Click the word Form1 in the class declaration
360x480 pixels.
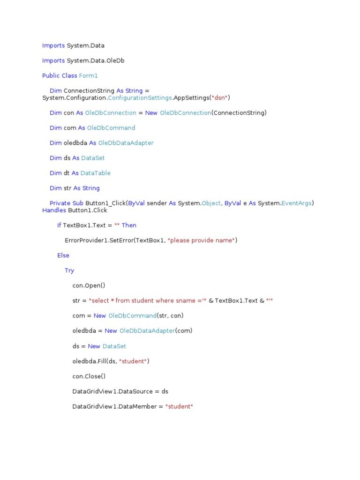(x=89, y=75)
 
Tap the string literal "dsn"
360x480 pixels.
(x=220, y=97)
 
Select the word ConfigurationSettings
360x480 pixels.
(x=140, y=97)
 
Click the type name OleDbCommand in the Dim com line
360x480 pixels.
(x=111, y=128)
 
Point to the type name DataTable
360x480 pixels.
(x=96, y=173)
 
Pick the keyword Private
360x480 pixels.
(x=60, y=203)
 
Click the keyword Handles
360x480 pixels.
(x=54, y=210)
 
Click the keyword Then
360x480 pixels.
(x=129, y=225)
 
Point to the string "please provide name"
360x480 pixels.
(x=201, y=240)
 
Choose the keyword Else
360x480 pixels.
(x=63, y=255)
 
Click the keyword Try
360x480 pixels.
(x=69, y=270)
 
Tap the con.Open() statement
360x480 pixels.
(x=89, y=285)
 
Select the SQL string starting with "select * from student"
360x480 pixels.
(x=148, y=300)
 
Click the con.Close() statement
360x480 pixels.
(x=89, y=376)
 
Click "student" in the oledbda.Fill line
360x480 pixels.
(x=135, y=361)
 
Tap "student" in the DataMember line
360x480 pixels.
(x=179, y=406)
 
